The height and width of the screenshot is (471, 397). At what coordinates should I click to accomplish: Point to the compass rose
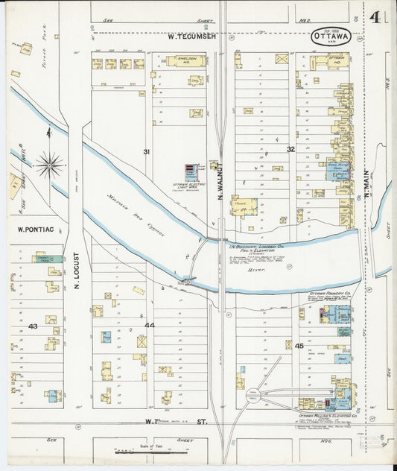(x=49, y=164)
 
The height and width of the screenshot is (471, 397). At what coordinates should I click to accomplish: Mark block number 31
(x=147, y=152)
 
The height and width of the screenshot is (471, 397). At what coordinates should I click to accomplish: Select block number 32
(x=290, y=149)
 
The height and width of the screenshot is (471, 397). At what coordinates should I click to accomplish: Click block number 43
(x=33, y=326)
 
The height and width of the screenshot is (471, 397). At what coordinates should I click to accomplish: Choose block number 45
(x=299, y=346)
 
